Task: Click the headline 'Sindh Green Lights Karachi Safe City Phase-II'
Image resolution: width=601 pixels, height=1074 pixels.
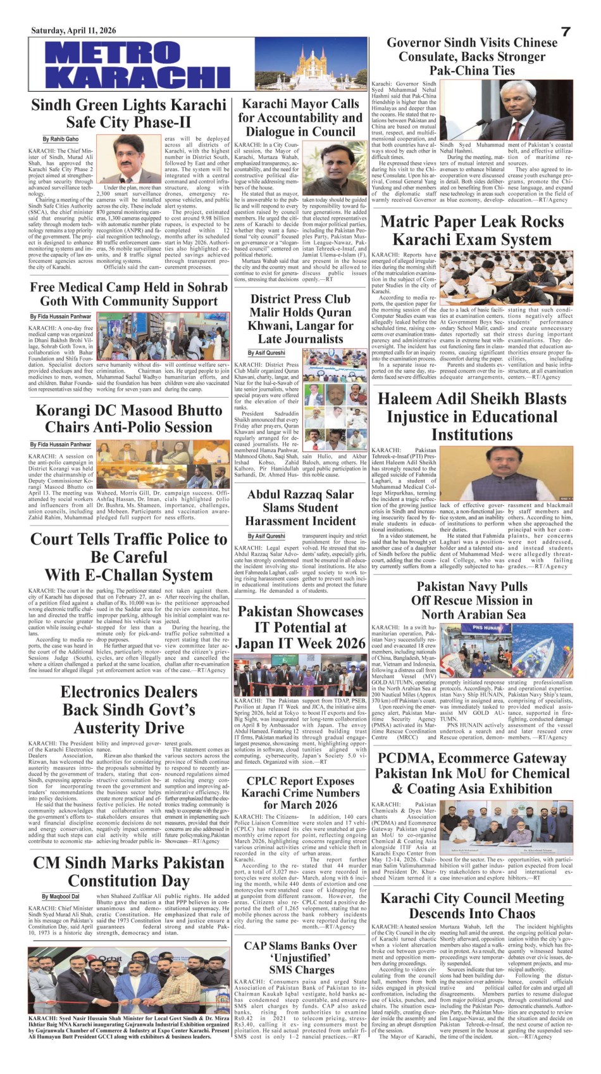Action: coord(128,113)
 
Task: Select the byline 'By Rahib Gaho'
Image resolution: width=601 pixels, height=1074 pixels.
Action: coord(61,139)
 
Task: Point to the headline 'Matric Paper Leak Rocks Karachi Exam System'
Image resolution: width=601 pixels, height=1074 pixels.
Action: coord(472,231)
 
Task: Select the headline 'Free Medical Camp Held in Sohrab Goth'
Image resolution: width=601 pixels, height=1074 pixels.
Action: coord(128,294)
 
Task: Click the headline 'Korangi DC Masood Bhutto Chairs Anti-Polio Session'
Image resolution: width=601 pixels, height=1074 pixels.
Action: coord(128,418)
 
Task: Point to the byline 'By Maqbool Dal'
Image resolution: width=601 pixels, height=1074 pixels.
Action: coord(61,896)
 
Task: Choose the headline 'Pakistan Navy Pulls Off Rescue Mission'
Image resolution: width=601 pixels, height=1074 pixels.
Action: coord(472,600)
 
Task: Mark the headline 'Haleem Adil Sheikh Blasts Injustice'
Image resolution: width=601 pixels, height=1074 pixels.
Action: coord(472,417)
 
